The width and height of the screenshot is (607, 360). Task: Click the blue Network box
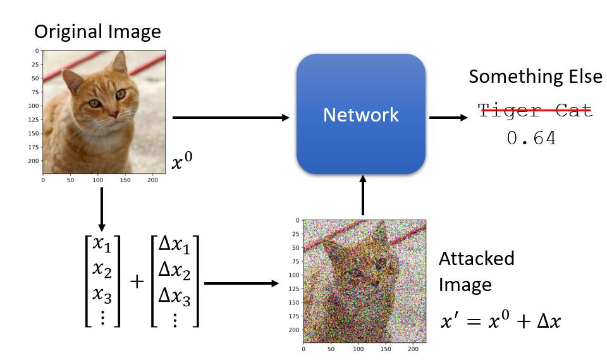(361, 114)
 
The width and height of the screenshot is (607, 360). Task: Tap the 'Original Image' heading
(97, 31)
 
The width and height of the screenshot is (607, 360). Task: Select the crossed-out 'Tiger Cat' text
(535, 110)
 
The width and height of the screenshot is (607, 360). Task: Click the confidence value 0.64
(531, 139)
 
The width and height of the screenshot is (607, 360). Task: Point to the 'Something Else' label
(535, 77)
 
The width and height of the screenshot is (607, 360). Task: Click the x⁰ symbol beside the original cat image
(182, 163)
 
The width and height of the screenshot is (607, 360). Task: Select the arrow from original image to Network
(231, 117)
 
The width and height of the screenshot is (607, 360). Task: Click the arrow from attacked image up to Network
(363, 196)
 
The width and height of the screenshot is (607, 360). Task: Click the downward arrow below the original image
(101, 209)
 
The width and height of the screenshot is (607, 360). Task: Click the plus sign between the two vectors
(137, 281)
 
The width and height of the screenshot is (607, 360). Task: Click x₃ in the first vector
(102, 295)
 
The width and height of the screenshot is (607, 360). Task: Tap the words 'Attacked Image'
(475, 271)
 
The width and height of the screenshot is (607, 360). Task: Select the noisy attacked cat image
(365, 280)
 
